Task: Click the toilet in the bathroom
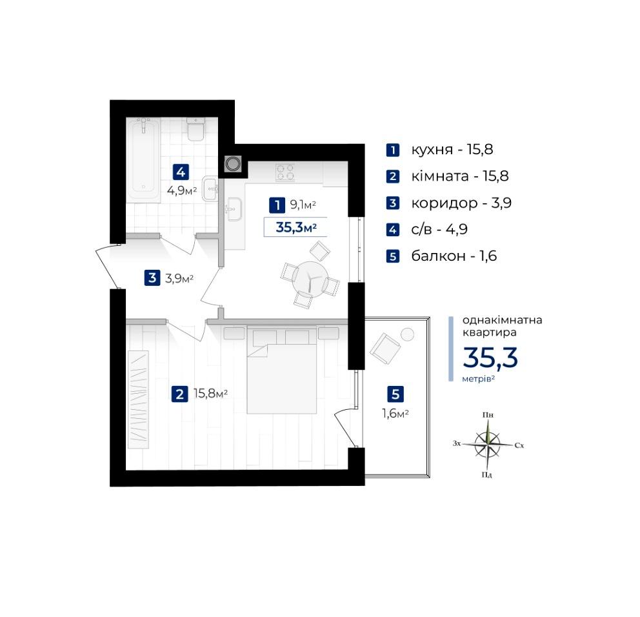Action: coord(195,129)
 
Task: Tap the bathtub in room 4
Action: coord(143,159)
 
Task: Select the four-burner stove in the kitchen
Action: coord(285,172)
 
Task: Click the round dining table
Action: coord(310,278)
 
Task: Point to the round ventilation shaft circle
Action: coord(233,164)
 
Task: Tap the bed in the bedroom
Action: coord(282,370)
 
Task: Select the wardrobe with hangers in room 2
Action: coord(138,400)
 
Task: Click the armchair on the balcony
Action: coord(385,349)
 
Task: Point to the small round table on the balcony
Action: coord(407,334)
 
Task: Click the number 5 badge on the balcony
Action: coord(395,394)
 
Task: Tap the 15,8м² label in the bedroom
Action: coord(210,394)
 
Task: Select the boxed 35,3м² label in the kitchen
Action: coord(296,227)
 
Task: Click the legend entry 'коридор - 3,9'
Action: coord(461,203)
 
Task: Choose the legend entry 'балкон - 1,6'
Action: coord(454,256)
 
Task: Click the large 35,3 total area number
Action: coord(490,358)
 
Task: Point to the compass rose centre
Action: coord(487,444)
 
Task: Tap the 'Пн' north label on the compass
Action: coord(488,415)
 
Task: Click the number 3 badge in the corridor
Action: coord(152,278)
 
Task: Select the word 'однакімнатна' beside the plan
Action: coord(502,319)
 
